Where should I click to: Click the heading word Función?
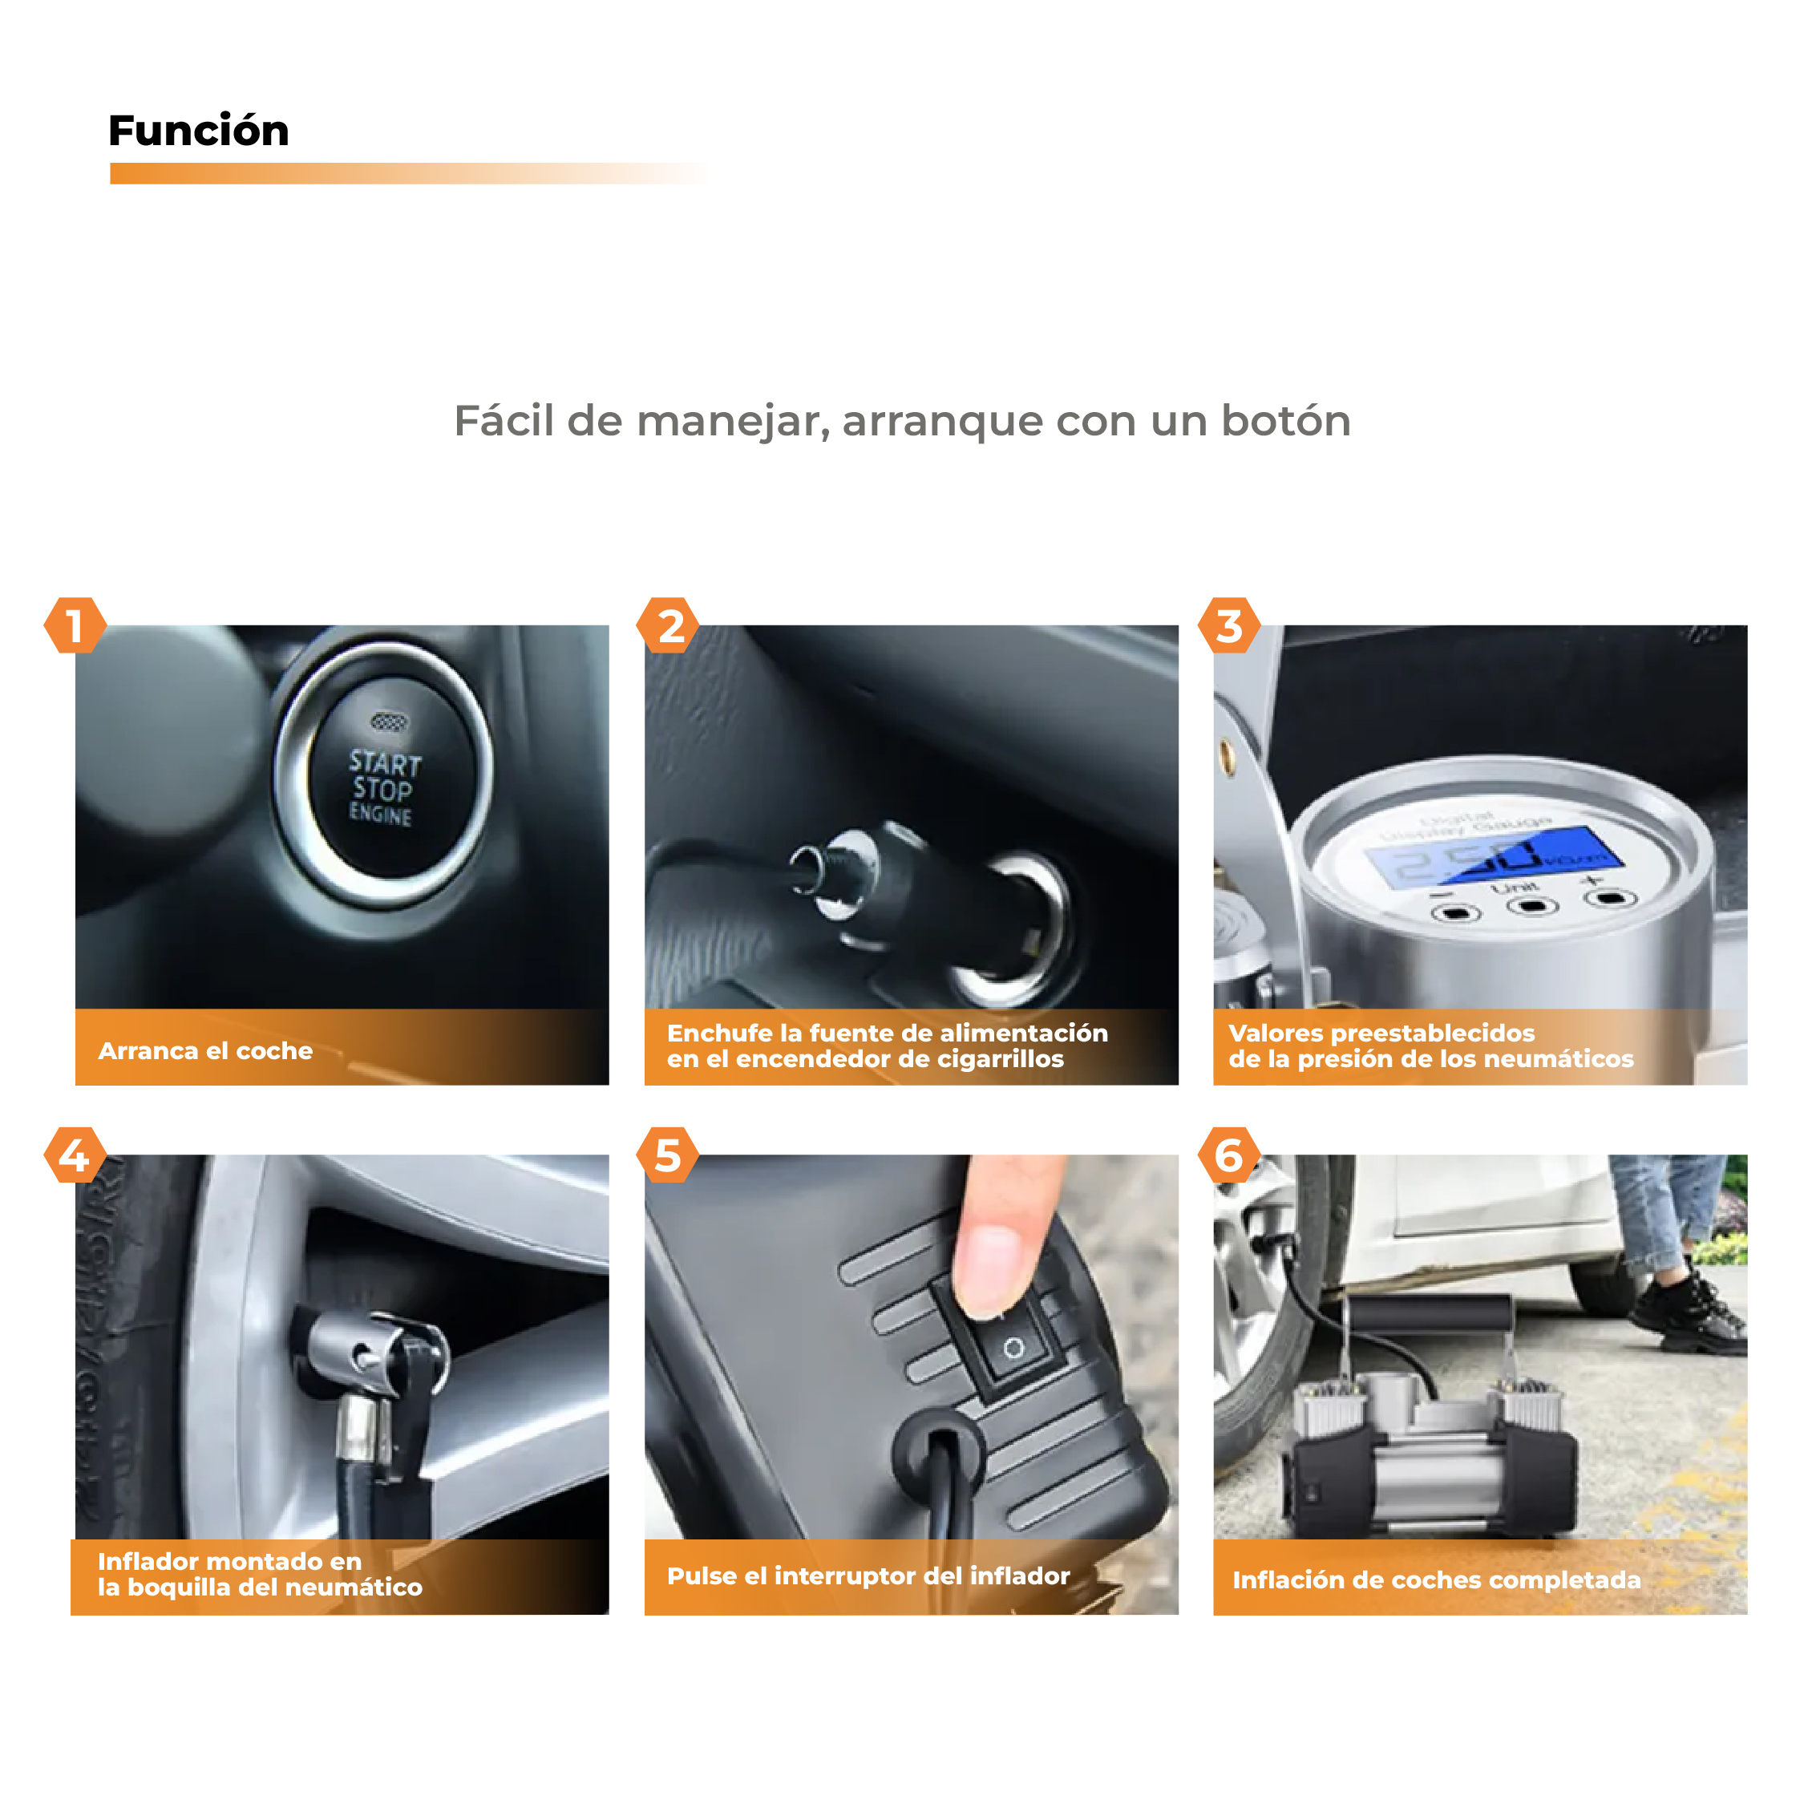tap(198, 131)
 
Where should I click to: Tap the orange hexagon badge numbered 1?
tap(75, 625)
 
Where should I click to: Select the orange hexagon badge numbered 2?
tap(669, 625)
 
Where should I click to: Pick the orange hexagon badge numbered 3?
tap(1229, 625)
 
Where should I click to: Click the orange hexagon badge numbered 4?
tap(75, 1156)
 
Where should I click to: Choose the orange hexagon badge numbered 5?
tap(669, 1156)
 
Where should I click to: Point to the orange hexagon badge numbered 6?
tap(1229, 1156)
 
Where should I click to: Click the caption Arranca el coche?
tap(205, 1051)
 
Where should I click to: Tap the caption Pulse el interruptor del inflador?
tap(868, 1577)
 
